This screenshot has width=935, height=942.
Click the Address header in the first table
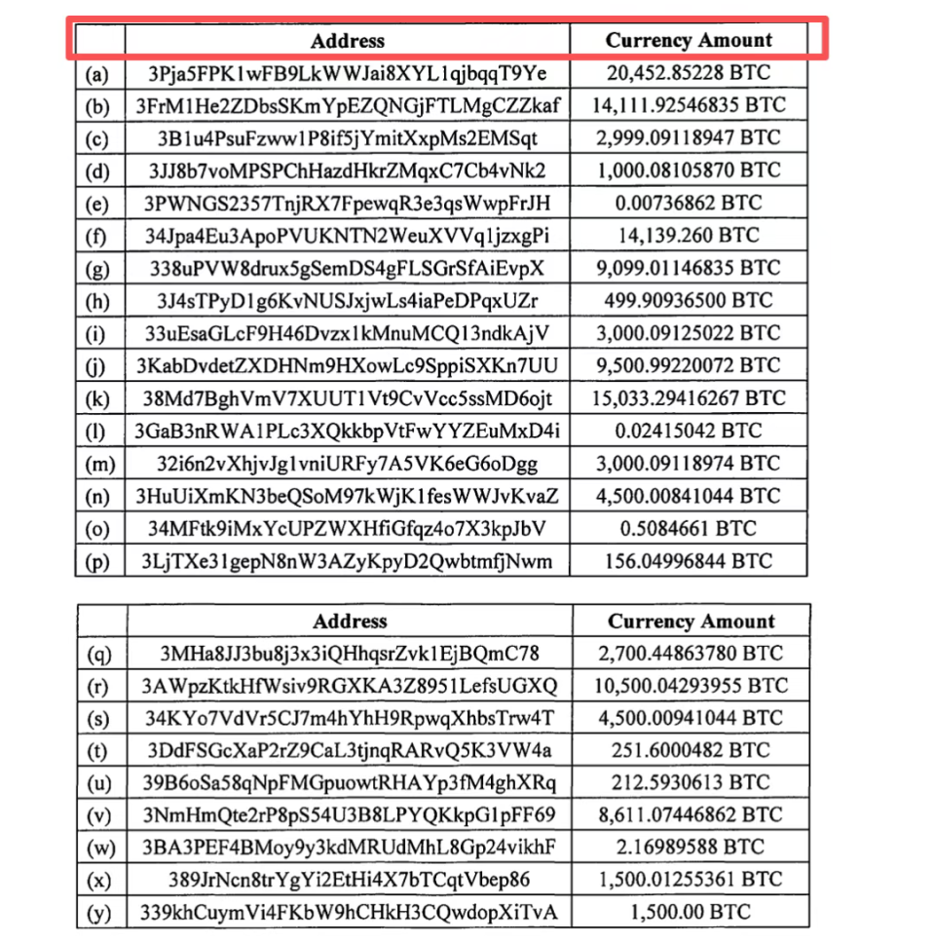pyautogui.click(x=348, y=41)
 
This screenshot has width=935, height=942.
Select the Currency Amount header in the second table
pyautogui.click(x=692, y=622)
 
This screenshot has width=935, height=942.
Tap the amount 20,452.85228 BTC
pyautogui.click(x=689, y=73)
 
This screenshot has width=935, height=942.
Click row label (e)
pyautogui.click(x=98, y=204)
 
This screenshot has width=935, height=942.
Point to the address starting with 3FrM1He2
pyautogui.click(x=348, y=105)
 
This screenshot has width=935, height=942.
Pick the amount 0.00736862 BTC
pyautogui.click(x=689, y=204)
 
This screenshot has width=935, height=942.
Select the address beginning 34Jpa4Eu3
pyautogui.click(x=348, y=236)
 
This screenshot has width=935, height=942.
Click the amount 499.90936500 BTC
pyautogui.click(x=689, y=301)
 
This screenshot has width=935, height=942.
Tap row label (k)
pyautogui.click(x=98, y=398)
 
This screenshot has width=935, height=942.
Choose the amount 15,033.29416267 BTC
pyautogui.click(x=689, y=398)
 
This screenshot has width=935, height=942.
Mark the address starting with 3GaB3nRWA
pyautogui.click(x=348, y=431)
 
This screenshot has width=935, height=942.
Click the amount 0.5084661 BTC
pyautogui.click(x=689, y=528)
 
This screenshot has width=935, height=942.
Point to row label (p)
pyautogui.click(x=98, y=561)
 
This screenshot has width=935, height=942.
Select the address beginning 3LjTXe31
pyautogui.click(x=348, y=561)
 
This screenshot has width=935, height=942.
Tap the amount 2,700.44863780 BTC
pyautogui.click(x=692, y=654)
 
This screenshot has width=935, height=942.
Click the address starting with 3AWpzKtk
pyautogui.click(x=349, y=686)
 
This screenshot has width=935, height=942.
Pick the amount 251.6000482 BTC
pyautogui.click(x=692, y=751)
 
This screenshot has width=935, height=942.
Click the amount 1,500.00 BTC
pyautogui.click(x=692, y=913)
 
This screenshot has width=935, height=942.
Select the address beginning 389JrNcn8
pyautogui.click(x=349, y=881)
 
